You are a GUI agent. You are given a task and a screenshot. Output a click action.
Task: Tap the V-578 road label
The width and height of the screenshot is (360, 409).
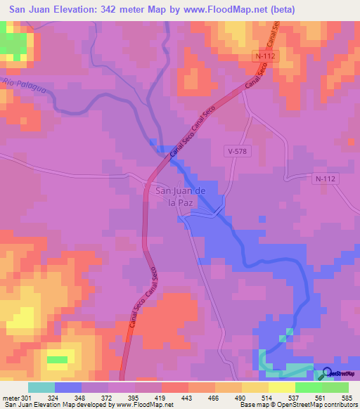tap(236, 150)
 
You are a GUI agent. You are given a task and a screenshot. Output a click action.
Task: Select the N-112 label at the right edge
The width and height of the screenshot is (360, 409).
tap(326, 178)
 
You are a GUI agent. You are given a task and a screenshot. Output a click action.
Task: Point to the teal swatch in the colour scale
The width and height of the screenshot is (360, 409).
tap(41, 387)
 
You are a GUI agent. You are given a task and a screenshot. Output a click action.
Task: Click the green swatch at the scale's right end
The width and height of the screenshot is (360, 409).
tap(335, 387)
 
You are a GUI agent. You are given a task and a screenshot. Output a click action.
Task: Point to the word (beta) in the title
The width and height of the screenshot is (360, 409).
tap(281, 9)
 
